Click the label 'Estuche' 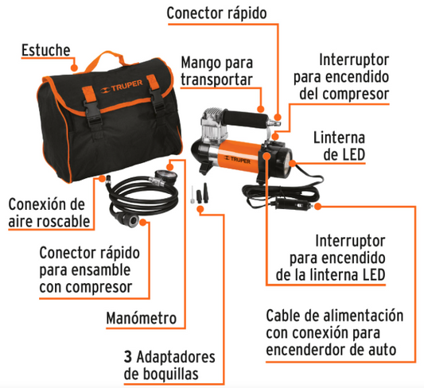click(45, 52)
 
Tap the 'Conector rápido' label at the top click(217, 14)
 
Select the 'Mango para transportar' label click(216, 71)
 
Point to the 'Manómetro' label click(141, 318)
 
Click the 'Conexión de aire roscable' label click(46, 211)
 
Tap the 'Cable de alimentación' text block click(341, 332)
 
